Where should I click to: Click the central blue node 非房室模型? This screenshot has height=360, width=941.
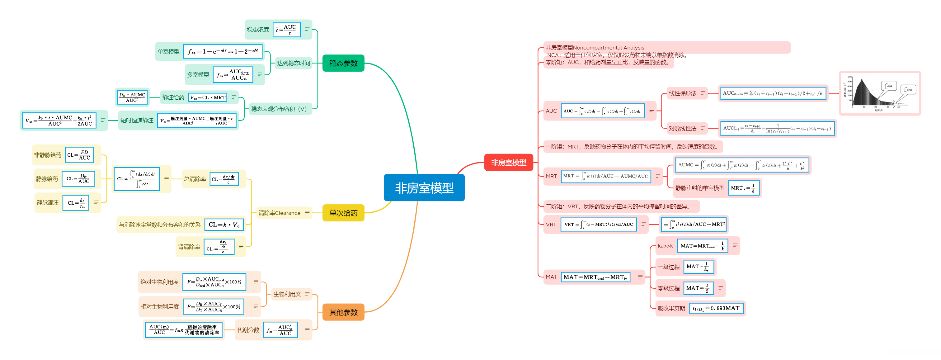coord(424,188)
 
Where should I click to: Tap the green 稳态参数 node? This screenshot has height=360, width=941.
coord(343,63)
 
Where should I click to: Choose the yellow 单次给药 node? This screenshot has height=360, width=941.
coord(343,213)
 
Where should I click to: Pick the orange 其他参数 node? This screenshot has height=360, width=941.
coord(343,312)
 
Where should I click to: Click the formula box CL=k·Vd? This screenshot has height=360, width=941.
coord(224,225)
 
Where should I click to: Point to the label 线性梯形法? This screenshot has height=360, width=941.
coord(682,93)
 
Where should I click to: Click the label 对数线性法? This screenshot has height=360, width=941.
coord(682,128)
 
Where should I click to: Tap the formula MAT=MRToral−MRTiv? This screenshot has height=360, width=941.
coord(595,277)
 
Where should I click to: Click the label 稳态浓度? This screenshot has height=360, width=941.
coord(257,30)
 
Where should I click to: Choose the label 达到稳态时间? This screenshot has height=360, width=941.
coord(293,63)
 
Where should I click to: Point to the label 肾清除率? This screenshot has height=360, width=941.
coord(189,247)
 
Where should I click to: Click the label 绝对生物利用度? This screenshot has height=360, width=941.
coord(159,282)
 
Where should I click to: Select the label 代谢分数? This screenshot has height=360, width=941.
coord(248,330)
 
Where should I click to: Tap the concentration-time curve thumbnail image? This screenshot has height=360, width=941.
coord(879,93)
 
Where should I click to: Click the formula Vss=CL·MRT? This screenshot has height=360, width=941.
coord(208,97)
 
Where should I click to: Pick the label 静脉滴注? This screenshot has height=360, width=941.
coord(48,203)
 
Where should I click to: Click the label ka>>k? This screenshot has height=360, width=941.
coord(665,246)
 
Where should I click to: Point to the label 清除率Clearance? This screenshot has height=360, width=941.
coord(279,213)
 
